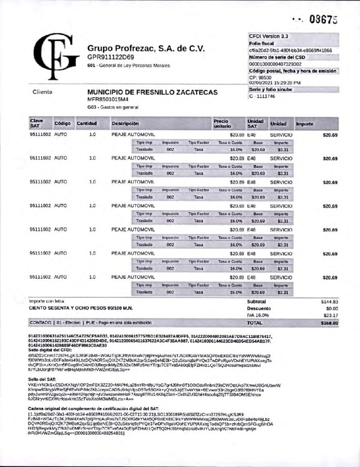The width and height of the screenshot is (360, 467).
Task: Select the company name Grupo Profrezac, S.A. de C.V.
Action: (146, 48)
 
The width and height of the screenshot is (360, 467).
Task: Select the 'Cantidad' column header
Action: (86, 124)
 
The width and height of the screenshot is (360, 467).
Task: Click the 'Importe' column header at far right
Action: (304, 124)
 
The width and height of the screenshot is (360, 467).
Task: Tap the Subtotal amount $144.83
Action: (328, 302)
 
